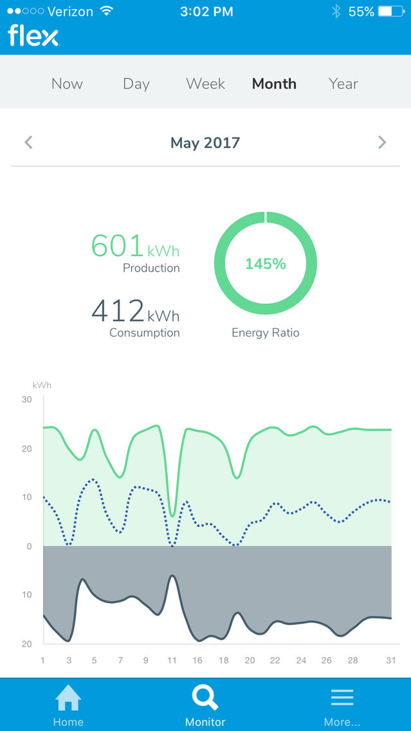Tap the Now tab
point(67,84)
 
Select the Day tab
point(136,84)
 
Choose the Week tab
point(206,84)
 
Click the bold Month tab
point(274,84)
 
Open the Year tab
point(343,84)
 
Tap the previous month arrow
point(28,142)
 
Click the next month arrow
point(382,142)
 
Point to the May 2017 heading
point(205,143)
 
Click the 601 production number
point(117,246)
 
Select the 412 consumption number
point(118,311)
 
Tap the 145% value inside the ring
point(265,264)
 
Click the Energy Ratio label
point(265,333)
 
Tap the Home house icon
point(68,698)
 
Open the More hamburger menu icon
point(342,698)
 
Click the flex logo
point(33,37)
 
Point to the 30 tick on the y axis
point(26,400)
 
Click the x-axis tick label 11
point(172,660)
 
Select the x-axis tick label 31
point(391,660)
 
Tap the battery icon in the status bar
point(390,11)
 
